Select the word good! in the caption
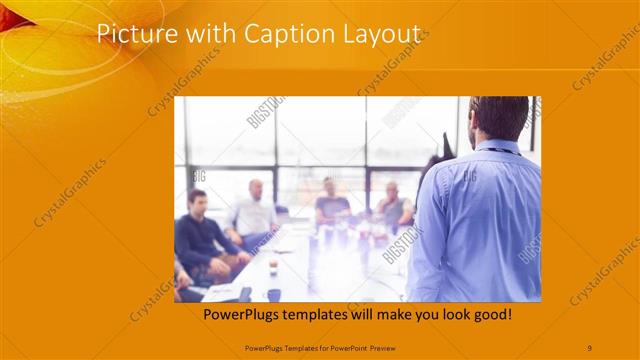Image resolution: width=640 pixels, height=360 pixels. click(492, 314)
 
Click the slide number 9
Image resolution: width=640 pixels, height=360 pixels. click(590, 346)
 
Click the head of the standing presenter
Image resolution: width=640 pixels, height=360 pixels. click(500, 117)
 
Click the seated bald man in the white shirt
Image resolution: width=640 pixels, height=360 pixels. click(254, 210)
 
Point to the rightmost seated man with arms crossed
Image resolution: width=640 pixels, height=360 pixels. click(392, 206)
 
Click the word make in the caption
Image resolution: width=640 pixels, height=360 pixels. click(400, 314)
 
